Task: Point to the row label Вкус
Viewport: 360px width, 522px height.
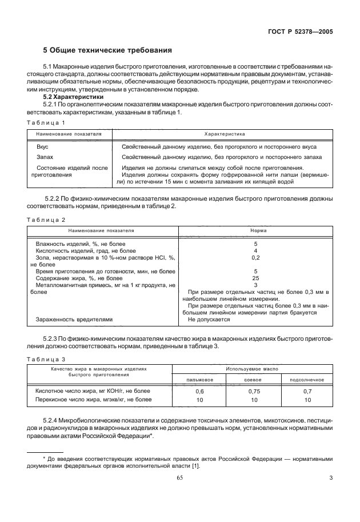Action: point(42,147)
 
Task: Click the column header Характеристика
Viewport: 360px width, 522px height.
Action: point(223,133)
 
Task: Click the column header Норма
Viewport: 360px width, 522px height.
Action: point(256,230)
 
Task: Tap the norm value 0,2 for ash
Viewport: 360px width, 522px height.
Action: point(256,258)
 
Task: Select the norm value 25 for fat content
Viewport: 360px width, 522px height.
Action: point(256,278)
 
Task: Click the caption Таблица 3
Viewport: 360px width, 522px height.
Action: point(46,359)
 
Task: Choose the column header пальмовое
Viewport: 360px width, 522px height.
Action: point(200,380)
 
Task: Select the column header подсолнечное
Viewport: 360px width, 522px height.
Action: point(307,380)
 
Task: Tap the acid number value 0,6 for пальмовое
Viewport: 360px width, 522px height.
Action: point(200,391)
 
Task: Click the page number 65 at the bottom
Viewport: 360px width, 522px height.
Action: point(179,477)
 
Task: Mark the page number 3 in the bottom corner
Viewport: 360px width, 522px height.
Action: point(331,477)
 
